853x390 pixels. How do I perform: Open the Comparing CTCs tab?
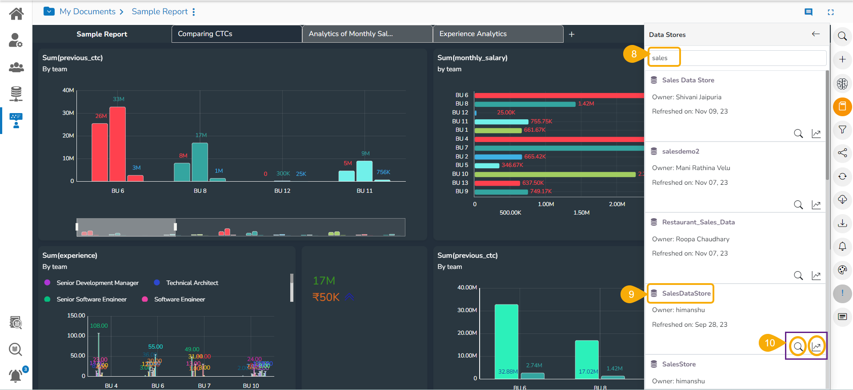tap(205, 34)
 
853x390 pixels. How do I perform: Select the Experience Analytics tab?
tap(473, 34)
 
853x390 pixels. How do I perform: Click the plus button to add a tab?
tap(572, 34)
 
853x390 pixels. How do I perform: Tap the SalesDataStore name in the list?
tap(686, 293)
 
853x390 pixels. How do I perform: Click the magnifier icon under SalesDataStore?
tap(798, 346)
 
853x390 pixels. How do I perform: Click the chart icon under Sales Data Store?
tap(816, 134)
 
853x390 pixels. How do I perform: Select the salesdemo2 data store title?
tap(680, 151)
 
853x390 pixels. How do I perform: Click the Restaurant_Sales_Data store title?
tap(698, 222)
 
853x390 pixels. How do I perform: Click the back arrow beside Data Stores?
tap(816, 34)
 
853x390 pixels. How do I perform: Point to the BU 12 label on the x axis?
tap(282, 191)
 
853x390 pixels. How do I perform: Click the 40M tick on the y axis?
tap(68, 90)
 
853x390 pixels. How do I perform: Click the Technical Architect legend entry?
tap(192, 283)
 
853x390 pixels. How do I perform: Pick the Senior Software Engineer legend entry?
tap(91, 299)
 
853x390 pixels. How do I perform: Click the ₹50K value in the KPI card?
tap(326, 297)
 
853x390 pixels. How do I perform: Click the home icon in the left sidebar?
tap(16, 14)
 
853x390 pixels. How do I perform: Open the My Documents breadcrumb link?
tap(88, 12)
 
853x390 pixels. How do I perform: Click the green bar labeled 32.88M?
tap(506, 341)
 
